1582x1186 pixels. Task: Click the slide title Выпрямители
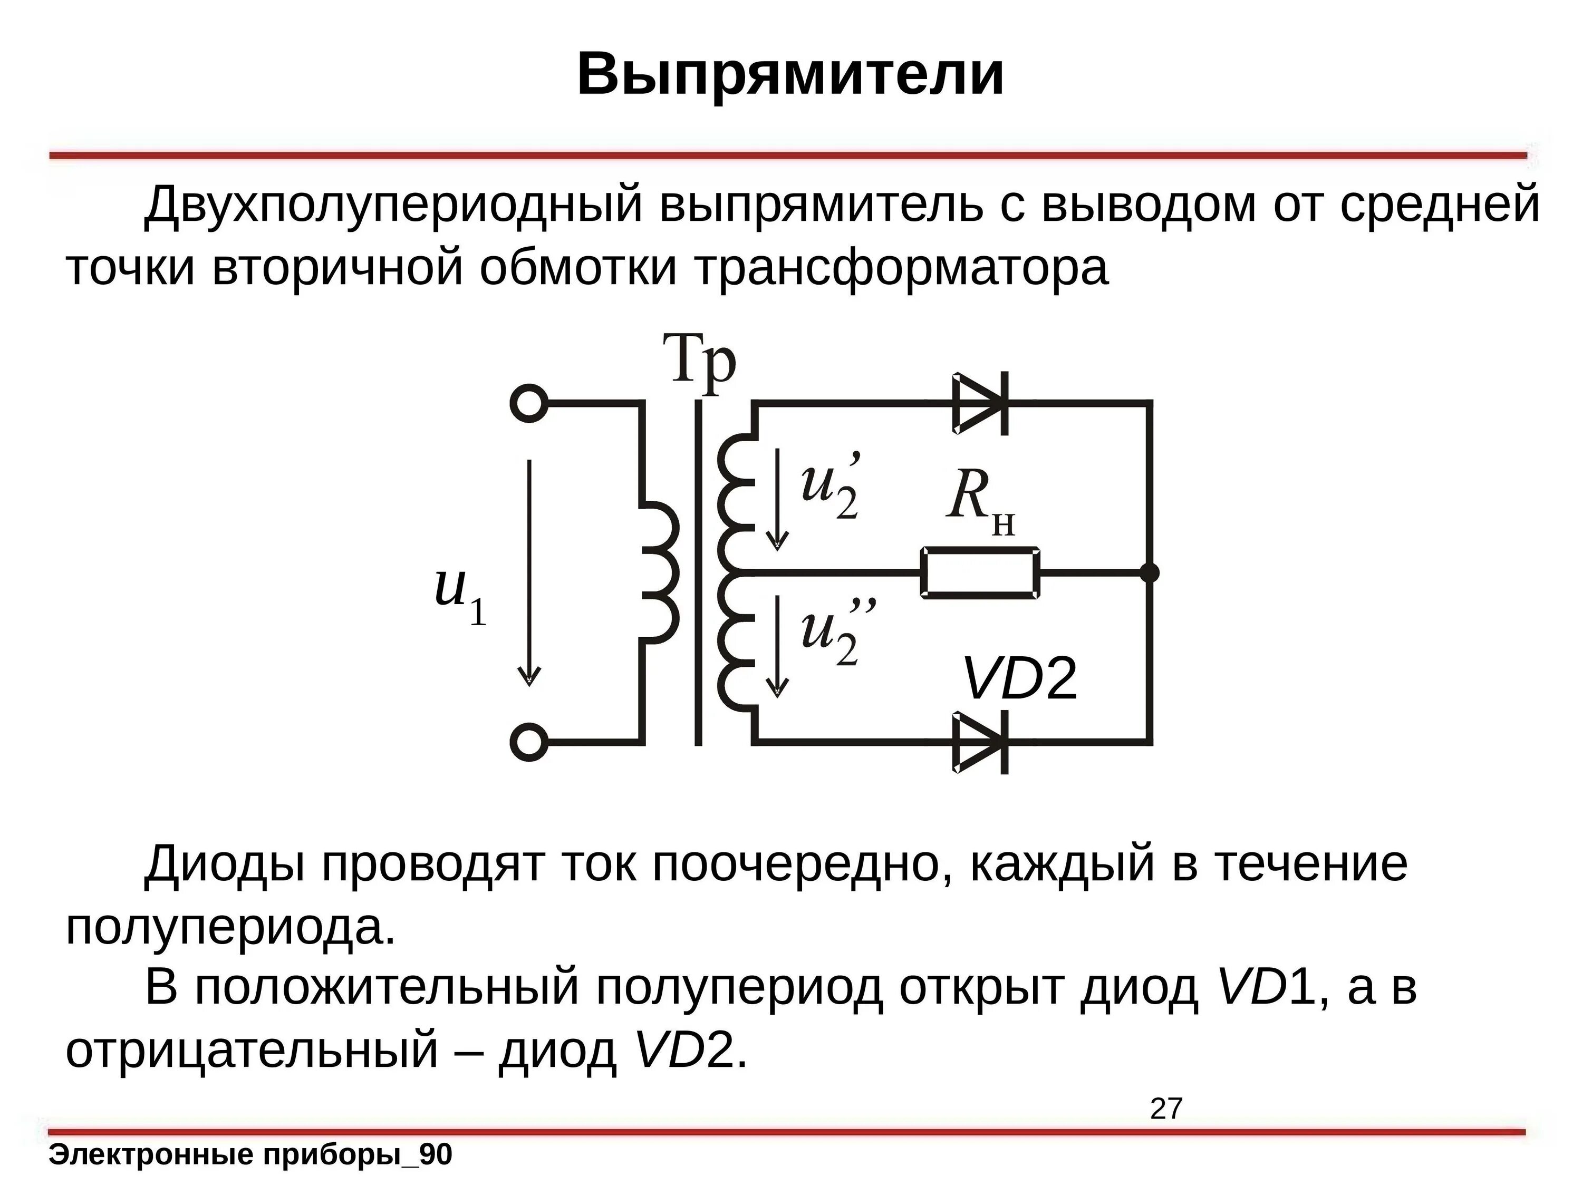[x=790, y=74]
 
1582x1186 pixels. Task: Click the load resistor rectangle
[x=980, y=572]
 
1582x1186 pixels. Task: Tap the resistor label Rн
[x=980, y=500]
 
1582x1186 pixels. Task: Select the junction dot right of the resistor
[x=1149, y=572]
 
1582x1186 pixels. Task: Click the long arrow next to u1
[x=529, y=572]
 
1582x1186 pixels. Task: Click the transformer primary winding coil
[x=662, y=572]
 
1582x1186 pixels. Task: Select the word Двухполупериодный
[x=393, y=205]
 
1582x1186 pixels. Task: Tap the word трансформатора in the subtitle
[x=901, y=269]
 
